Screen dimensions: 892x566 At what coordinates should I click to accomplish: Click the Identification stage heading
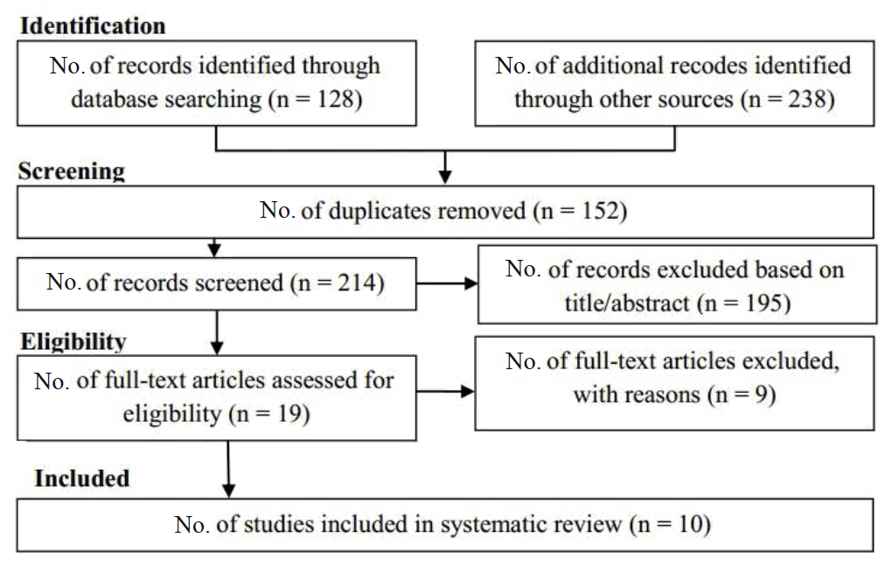pyautogui.click(x=93, y=26)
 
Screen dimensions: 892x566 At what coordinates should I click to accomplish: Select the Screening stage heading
pyautogui.click(x=72, y=171)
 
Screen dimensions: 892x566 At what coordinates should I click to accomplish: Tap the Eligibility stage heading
pyautogui.click(x=73, y=342)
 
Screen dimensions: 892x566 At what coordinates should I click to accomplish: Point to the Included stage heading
pyautogui.click(x=82, y=479)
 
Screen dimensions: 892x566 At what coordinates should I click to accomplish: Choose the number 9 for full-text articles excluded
pyautogui.click(x=761, y=395)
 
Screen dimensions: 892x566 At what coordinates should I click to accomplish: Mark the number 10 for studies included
pyautogui.click(x=691, y=524)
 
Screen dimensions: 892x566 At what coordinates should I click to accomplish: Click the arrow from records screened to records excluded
pyautogui.click(x=447, y=283)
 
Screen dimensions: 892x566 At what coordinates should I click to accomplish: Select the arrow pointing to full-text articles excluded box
pyautogui.click(x=445, y=391)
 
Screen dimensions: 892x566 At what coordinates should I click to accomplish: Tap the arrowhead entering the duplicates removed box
pyautogui.click(x=445, y=177)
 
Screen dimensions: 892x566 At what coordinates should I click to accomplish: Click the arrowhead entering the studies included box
pyautogui.click(x=229, y=491)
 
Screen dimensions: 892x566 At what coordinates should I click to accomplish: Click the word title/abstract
pyautogui.click(x=627, y=303)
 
